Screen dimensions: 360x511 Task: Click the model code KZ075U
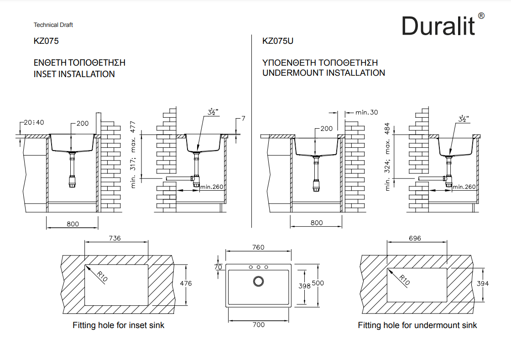(278, 41)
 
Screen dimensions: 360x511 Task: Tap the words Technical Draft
(53, 25)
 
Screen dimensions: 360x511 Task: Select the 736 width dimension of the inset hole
(115, 238)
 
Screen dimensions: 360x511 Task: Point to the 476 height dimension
(186, 283)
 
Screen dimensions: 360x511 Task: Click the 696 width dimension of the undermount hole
(415, 238)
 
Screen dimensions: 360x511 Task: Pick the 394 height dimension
(482, 283)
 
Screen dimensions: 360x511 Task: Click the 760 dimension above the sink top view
(258, 247)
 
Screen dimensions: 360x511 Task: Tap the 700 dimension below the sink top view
(258, 325)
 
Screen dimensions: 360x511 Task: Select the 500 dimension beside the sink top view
(318, 283)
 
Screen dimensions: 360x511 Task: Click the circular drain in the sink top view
(258, 281)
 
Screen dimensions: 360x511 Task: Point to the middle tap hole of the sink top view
(258, 267)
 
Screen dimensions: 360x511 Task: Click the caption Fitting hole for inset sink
(119, 325)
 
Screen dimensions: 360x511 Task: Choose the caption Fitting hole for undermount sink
(417, 325)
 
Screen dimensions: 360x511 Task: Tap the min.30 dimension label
(367, 112)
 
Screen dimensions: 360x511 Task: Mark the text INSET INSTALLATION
(74, 74)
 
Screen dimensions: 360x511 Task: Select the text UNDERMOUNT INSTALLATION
(324, 73)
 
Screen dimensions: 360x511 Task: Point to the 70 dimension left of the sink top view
(218, 267)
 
